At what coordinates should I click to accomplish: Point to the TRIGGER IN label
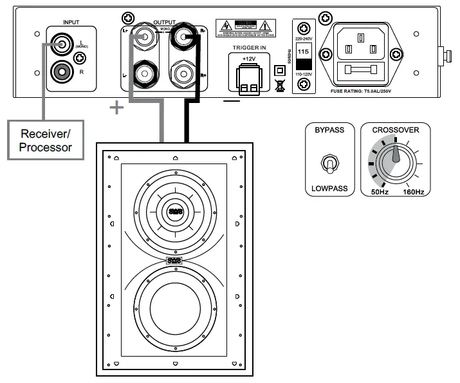click(248, 46)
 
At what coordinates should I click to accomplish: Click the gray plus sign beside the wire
click(116, 108)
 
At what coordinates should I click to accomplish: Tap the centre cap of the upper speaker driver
click(175, 209)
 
